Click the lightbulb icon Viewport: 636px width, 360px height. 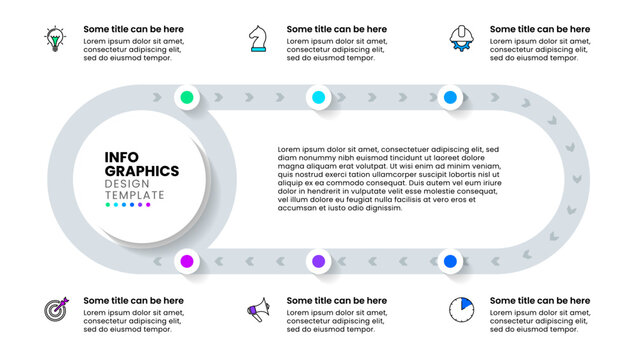click(54, 40)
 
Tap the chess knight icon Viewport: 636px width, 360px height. click(258, 40)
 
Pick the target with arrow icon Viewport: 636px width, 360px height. click(55, 310)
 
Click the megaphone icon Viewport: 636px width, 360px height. click(257, 311)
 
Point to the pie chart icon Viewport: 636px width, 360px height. click(461, 309)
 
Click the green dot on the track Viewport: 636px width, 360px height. click(186, 98)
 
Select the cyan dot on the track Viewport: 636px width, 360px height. click(318, 98)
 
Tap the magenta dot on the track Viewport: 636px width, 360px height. click(186, 261)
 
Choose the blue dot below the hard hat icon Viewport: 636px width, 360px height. click(450, 98)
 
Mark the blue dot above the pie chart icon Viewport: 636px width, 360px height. click(450, 261)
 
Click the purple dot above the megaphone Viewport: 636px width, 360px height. click(318, 261)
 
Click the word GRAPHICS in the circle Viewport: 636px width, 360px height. click(142, 170)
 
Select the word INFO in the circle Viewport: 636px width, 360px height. click(121, 156)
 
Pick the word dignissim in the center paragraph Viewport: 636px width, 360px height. click(383, 208)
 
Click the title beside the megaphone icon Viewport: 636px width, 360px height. click(337, 300)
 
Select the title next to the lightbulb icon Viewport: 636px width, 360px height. click(133, 30)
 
